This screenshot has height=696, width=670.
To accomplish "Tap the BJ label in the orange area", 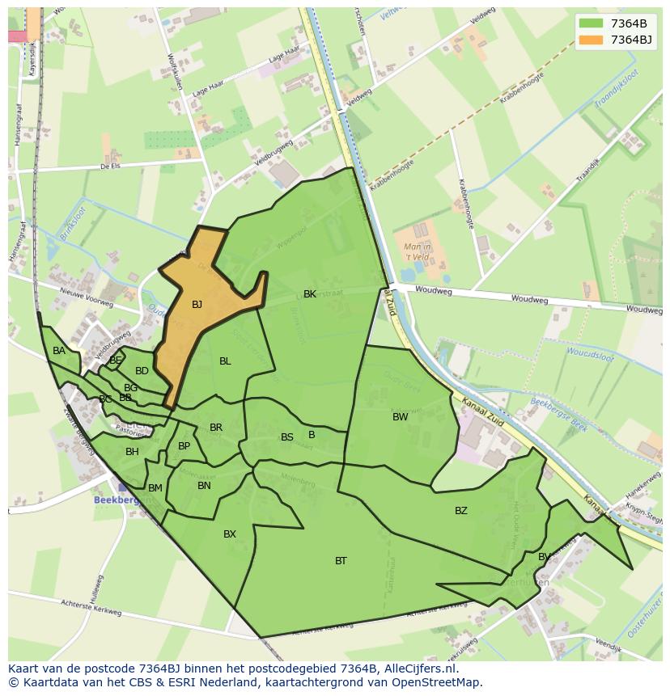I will tap(197, 305).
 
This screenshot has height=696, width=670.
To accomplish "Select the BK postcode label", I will tap(310, 294).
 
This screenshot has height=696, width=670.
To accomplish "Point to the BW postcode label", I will tap(400, 417).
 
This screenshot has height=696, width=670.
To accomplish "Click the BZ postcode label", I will tap(460, 511).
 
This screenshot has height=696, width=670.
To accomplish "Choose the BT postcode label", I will tap(341, 561).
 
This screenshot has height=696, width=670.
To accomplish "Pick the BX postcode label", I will tap(230, 534).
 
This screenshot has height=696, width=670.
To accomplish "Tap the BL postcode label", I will tap(225, 361).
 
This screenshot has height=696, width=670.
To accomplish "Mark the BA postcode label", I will tap(59, 351).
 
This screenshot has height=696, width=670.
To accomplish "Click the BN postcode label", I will tap(204, 486).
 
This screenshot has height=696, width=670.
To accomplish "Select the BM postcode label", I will tap(155, 488).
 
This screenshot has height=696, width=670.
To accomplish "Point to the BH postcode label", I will tap(132, 452).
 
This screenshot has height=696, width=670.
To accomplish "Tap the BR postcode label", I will tap(216, 428).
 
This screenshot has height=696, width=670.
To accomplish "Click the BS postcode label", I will tap(286, 437).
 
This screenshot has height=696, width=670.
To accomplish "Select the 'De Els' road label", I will tap(109, 166).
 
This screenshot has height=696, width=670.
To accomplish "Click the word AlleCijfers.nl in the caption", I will tap(421, 669).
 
